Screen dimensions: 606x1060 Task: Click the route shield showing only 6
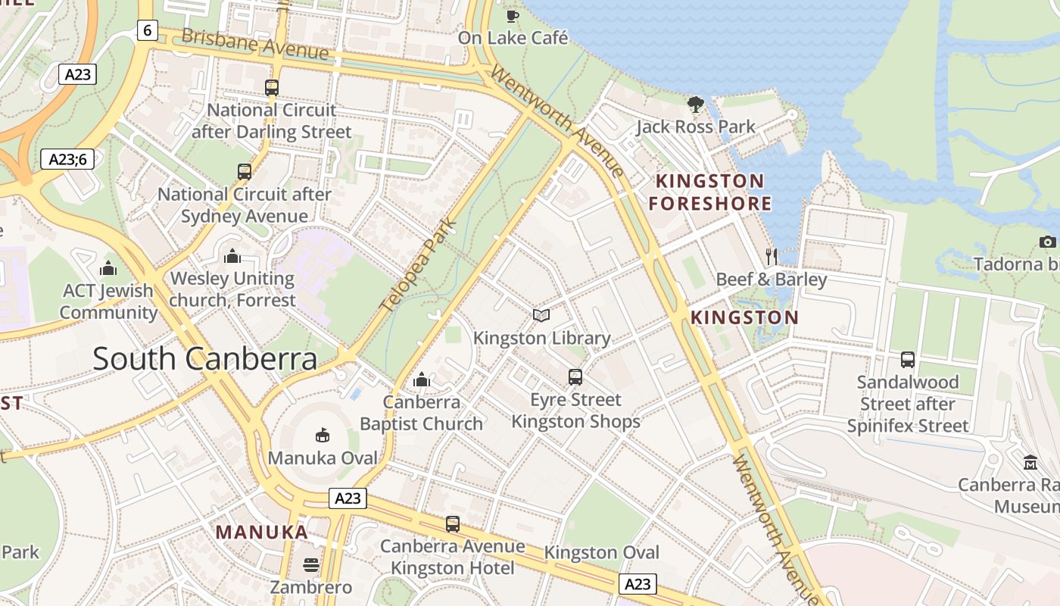147,30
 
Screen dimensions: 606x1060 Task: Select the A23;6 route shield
67,159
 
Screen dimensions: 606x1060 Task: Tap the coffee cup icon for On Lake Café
513,15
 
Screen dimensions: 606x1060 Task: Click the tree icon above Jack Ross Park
695,105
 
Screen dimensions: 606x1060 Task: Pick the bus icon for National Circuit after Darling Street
272,88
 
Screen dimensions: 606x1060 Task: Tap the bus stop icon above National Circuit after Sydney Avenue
244,172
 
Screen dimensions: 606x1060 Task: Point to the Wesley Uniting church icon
232,256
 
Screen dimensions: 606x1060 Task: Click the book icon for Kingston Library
541,316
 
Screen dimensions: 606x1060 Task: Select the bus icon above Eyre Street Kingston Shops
575,377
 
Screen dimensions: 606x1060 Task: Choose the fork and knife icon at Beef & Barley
771,256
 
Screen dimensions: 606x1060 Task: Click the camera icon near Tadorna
1047,242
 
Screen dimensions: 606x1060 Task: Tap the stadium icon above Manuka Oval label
323,436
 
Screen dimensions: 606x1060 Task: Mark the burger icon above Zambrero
310,565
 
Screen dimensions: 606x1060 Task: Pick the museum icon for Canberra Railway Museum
1030,462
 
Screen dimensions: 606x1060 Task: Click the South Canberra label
204,359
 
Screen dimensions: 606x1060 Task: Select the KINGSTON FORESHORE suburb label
710,192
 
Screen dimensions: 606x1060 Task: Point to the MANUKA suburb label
262,532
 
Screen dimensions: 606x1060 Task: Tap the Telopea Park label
420,265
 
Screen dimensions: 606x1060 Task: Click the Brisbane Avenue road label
255,44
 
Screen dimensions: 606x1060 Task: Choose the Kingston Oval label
602,553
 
